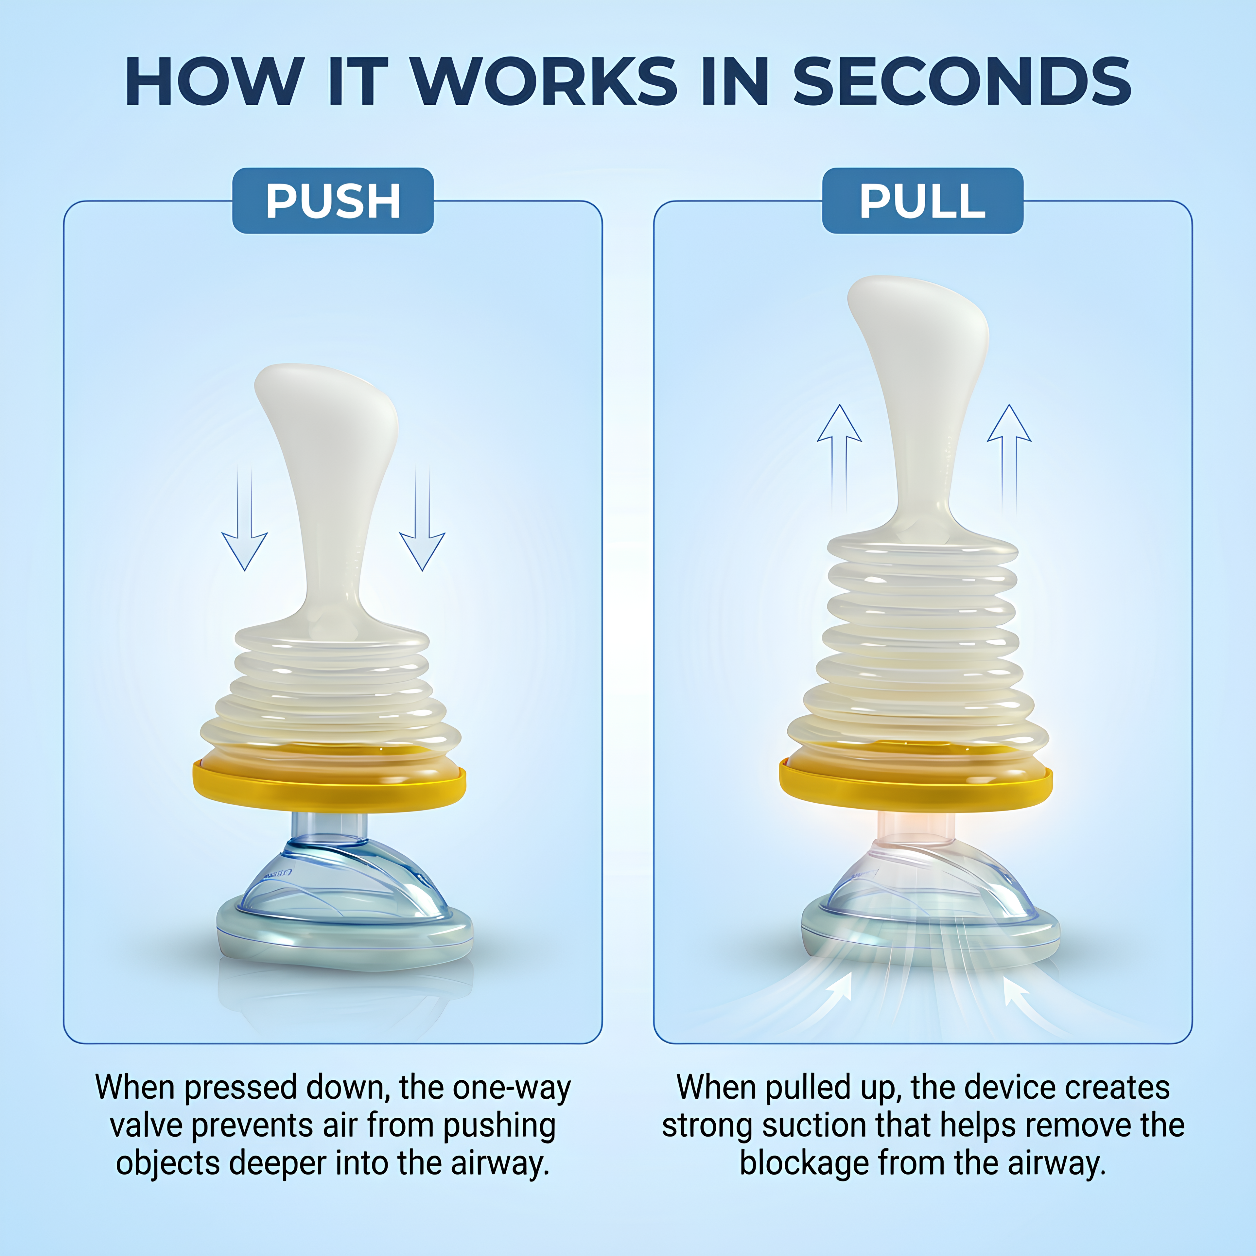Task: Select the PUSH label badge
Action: coord(333,201)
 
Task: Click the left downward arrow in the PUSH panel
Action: coord(244,518)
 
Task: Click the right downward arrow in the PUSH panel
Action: coord(423,518)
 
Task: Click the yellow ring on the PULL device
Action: coord(916,783)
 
